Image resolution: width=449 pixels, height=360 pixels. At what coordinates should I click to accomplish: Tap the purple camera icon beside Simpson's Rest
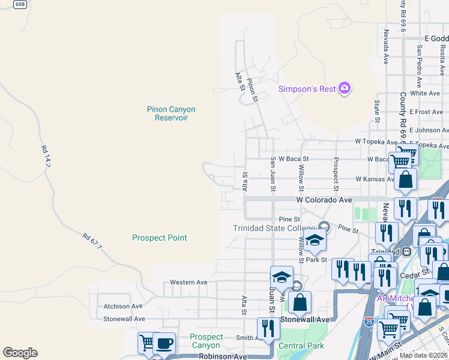(345, 89)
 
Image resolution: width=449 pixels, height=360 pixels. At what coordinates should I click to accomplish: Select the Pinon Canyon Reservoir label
(171, 113)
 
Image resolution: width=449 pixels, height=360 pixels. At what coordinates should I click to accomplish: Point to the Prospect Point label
(160, 238)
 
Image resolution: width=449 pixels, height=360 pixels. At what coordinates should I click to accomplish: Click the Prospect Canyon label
(206, 341)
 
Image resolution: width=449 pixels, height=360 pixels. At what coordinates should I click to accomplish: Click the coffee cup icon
(164, 343)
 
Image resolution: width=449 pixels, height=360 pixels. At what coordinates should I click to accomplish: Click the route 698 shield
(19, 4)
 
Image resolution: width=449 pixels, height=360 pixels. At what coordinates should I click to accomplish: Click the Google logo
(20, 353)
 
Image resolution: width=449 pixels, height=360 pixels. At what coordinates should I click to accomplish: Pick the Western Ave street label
(188, 282)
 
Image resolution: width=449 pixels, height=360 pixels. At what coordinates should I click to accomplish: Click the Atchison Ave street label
(123, 305)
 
